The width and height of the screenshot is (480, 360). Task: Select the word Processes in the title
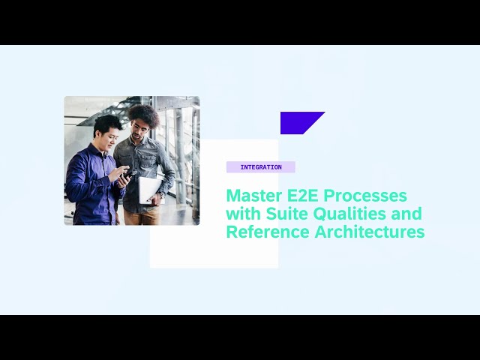(x=365, y=196)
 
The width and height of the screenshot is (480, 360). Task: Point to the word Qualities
(x=349, y=214)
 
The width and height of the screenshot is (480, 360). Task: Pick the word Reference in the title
(x=268, y=232)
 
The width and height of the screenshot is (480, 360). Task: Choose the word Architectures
(x=370, y=232)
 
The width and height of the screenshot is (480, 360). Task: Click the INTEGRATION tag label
(x=261, y=167)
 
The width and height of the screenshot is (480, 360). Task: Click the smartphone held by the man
(x=129, y=175)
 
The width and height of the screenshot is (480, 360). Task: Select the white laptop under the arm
(x=150, y=190)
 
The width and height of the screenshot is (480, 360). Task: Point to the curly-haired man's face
(x=140, y=128)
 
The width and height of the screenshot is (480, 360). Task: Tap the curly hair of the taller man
(x=144, y=115)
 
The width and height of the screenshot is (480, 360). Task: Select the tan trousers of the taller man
(x=142, y=217)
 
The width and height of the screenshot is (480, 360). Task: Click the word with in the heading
(x=243, y=214)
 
